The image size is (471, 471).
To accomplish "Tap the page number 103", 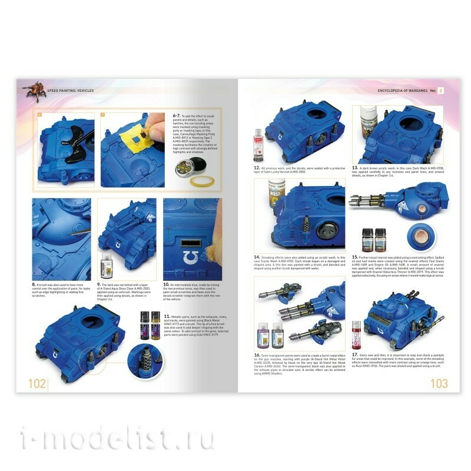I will tap(438, 383).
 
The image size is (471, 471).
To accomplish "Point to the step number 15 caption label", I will tap(356, 257).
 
